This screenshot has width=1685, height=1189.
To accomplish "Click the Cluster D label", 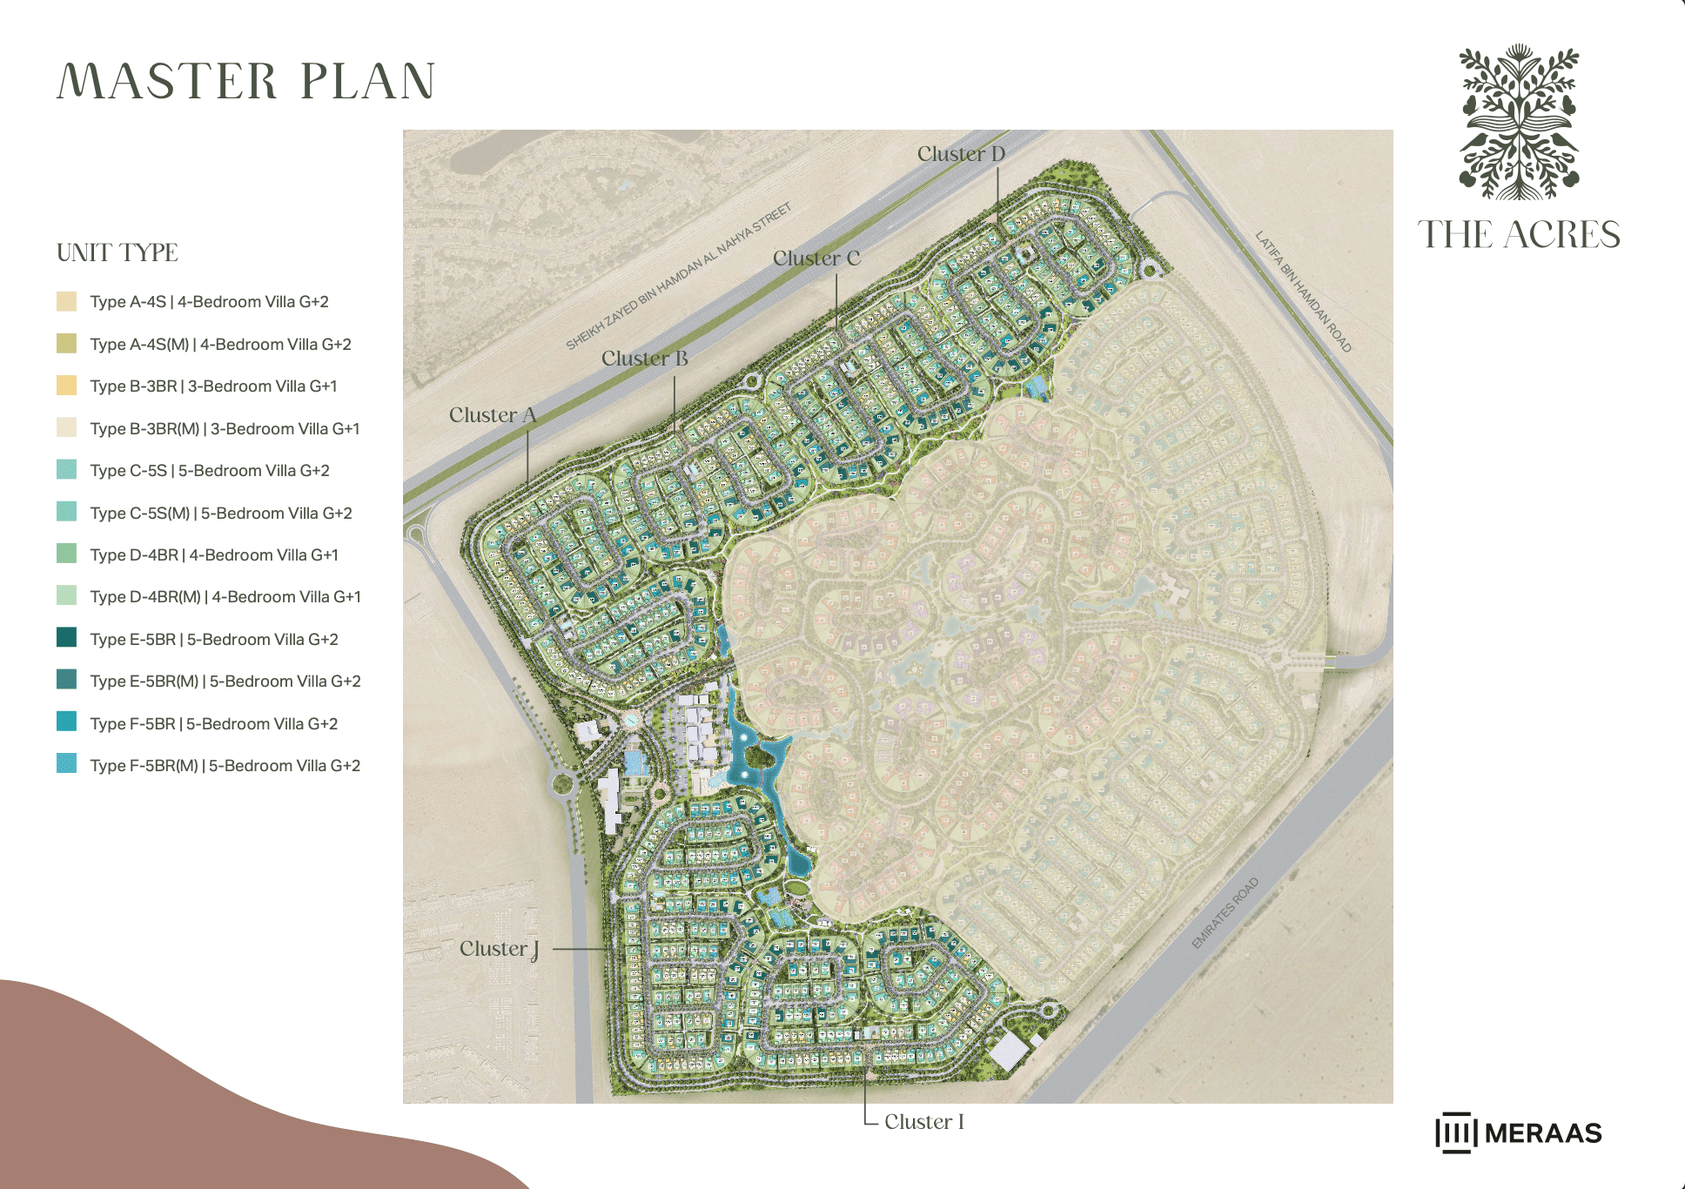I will (961, 154).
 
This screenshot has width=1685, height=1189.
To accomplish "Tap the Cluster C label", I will (816, 259).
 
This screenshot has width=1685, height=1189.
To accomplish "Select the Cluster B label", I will (644, 359).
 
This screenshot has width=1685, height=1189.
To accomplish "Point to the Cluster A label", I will (493, 415).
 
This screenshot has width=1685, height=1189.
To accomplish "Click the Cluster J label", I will (499, 949).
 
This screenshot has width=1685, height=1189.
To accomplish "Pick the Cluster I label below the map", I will (923, 1122).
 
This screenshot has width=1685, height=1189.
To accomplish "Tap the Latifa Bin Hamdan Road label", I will (1303, 292).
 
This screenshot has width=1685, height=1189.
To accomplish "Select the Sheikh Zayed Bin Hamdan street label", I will (679, 276).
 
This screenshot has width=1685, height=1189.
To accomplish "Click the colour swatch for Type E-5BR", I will (67, 638).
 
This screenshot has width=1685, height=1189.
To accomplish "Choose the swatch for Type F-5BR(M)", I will (67, 764).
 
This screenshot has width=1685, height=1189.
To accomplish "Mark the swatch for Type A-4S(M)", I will (67, 344).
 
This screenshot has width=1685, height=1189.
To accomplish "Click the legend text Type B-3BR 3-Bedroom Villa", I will (213, 386).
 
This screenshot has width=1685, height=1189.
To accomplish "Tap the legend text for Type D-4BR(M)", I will (225, 597).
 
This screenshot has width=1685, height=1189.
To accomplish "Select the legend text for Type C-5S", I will (209, 471).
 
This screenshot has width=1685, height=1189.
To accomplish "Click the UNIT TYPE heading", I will (117, 253).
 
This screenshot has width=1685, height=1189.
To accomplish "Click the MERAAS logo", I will (1519, 1132).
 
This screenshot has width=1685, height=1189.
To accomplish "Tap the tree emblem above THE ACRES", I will (1519, 122).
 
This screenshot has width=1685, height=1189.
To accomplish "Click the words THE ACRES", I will (1519, 235).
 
